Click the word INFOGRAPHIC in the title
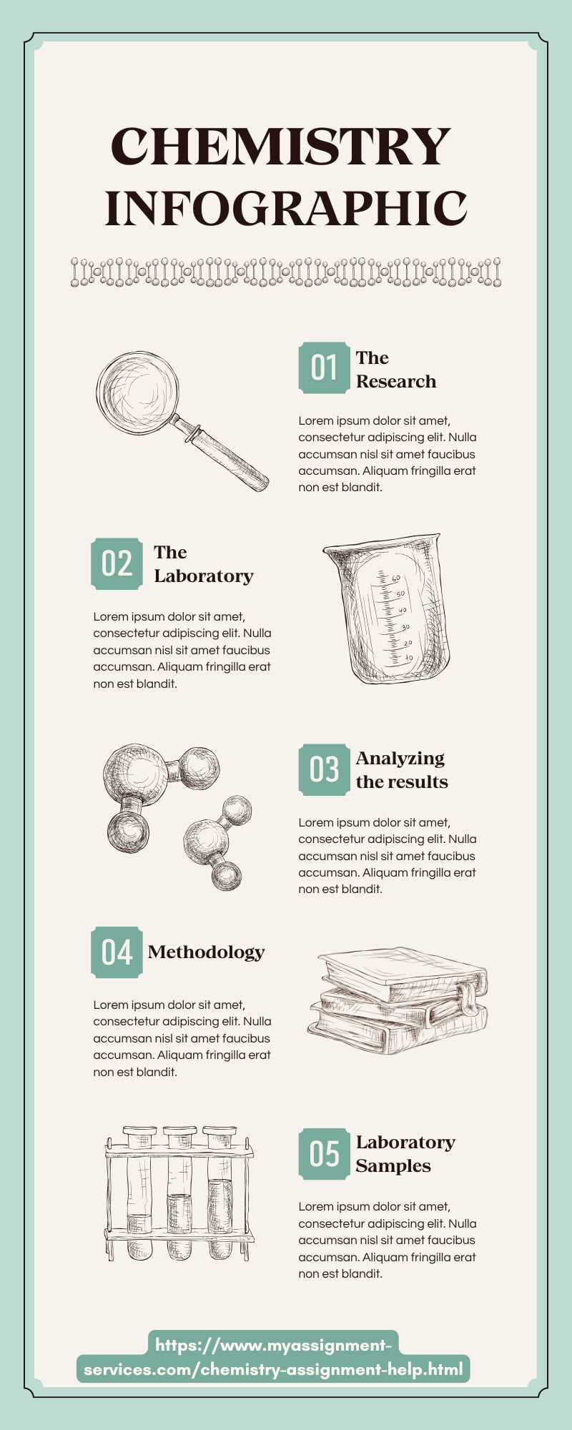pyautogui.click(x=287, y=209)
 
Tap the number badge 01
pyautogui.click(x=324, y=368)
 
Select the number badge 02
pyautogui.click(x=117, y=563)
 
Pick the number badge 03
pyautogui.click(x=324, y=769)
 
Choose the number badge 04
pyautogui.click(x=117, y=952)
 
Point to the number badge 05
pyautogui.click(x=324, y=1153)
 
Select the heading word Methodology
pyautogui.click(x=206, y=952)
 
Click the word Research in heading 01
pyautogui.click(x=396, y=381)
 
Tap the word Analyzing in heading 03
pyautogui.click(x=400, y=758)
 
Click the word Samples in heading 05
pyautogui.click(x=393, y=1165)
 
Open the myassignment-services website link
pyautogui.click(x=273, y=1358)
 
